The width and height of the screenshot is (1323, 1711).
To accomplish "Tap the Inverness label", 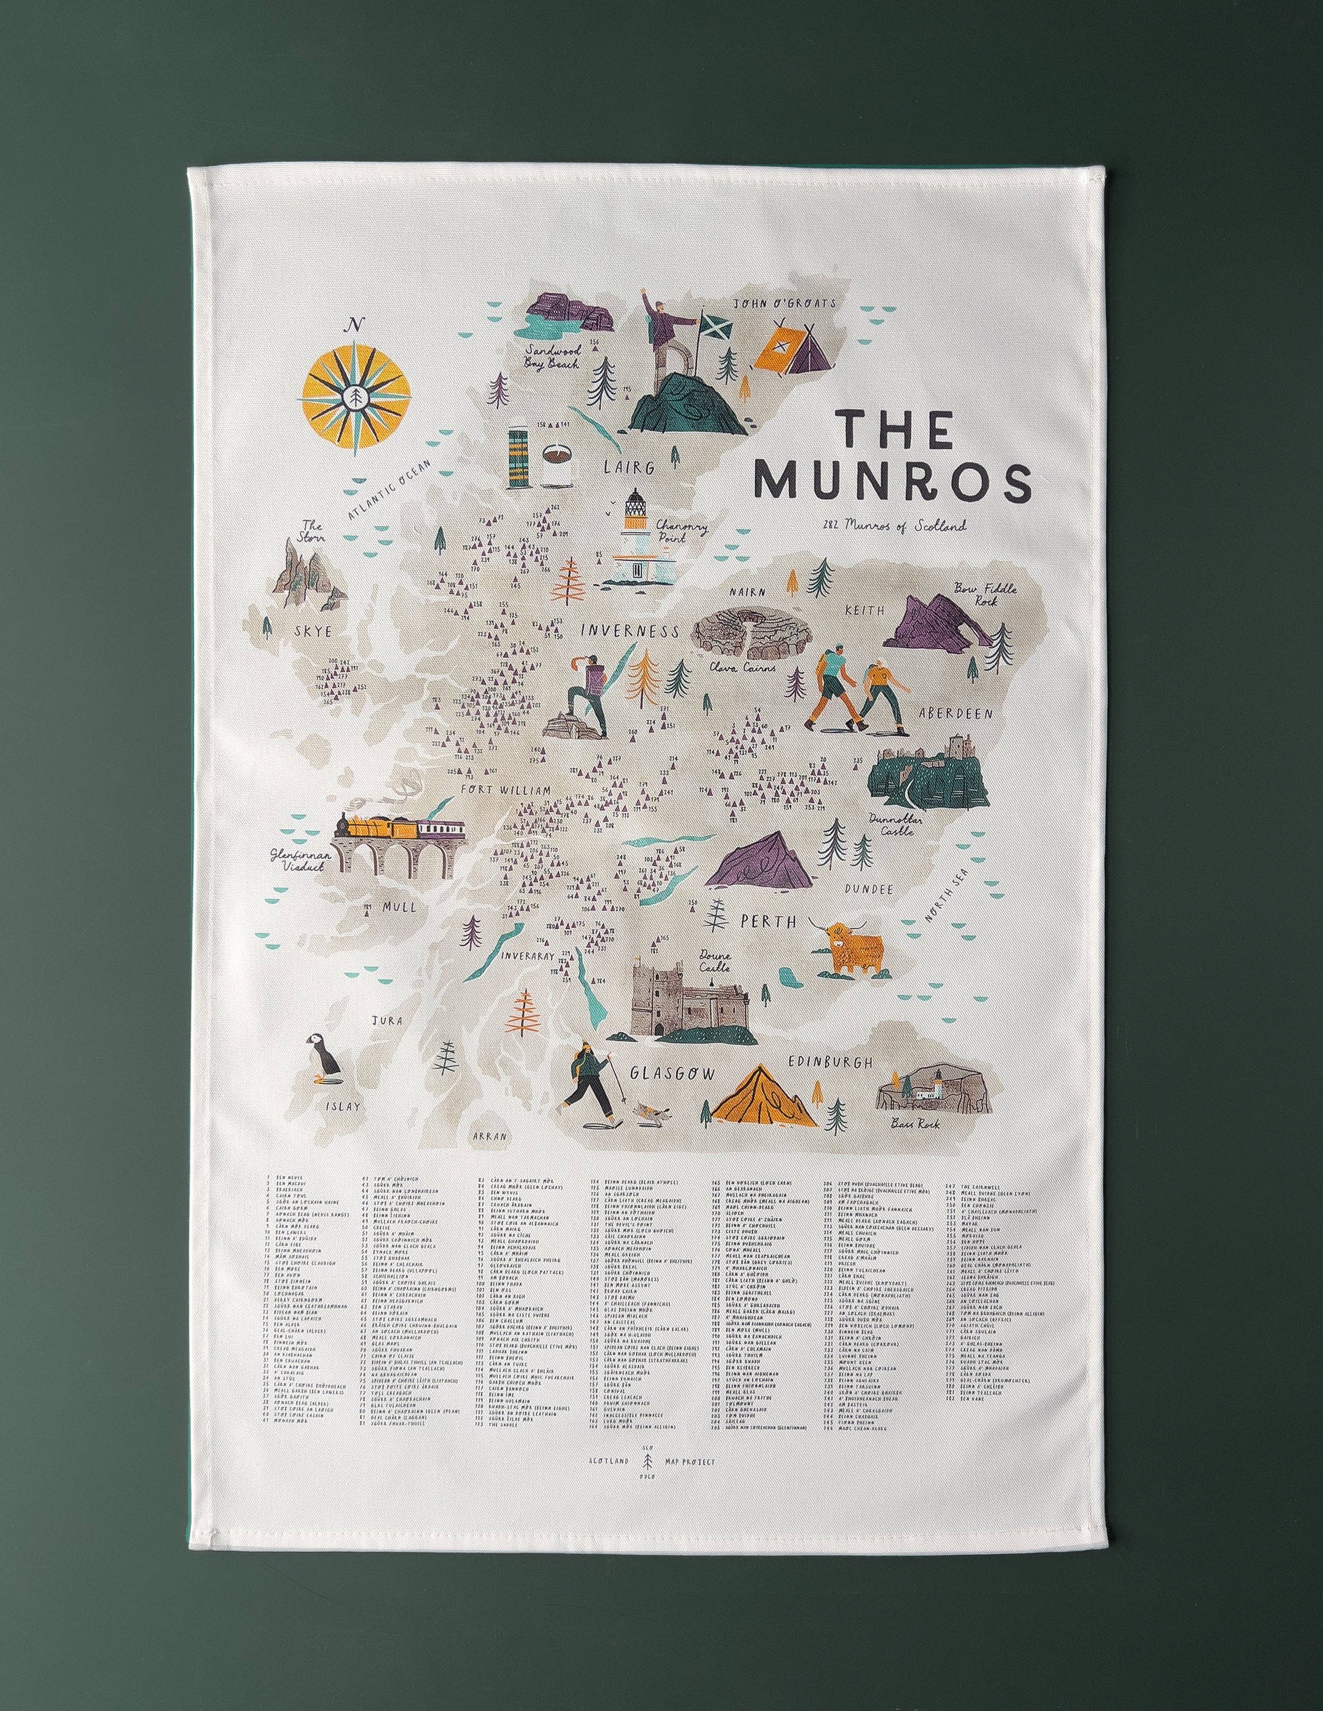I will tap(629, 631).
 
